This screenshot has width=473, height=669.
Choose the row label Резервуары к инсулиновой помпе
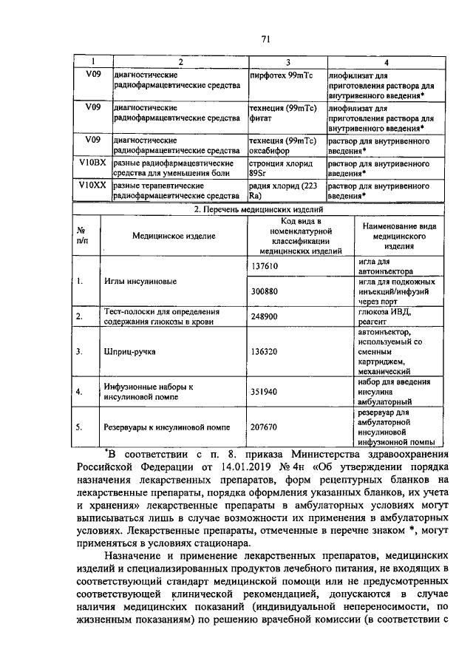[168, 427]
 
